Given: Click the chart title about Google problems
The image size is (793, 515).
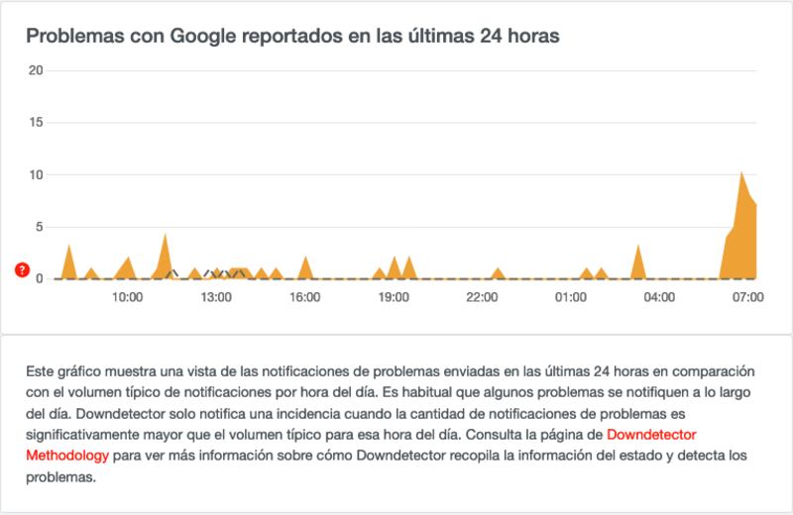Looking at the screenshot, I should tap(292, 36).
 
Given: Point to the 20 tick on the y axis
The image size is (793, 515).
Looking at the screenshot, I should tap(37, 70).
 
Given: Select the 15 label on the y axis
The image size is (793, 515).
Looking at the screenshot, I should tap(37, 123).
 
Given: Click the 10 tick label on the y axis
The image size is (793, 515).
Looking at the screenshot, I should tap(37, 174).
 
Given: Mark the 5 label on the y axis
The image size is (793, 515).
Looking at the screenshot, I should tap(40, 227).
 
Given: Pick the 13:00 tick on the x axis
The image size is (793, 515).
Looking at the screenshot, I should tap(215, 296).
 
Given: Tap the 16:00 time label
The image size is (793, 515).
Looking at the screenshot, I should tap(303, 296).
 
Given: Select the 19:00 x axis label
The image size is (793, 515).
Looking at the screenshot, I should tap(393, 296).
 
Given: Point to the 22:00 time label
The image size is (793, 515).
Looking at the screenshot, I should tap(481, 296).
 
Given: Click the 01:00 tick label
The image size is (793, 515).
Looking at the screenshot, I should tap(570, 296).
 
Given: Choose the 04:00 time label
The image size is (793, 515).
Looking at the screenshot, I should tap(658, 296).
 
